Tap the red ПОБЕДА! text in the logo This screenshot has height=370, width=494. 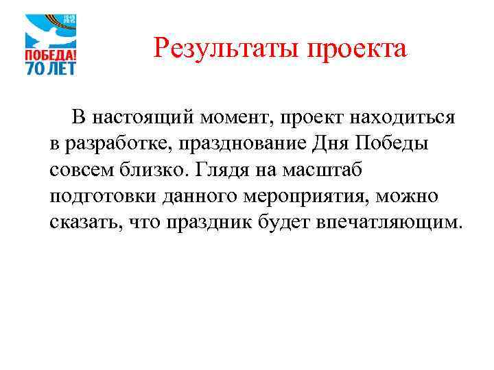pos(51,53)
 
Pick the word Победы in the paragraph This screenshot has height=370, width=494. pos(373,143)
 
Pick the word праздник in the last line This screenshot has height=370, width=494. pos(207,222)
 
